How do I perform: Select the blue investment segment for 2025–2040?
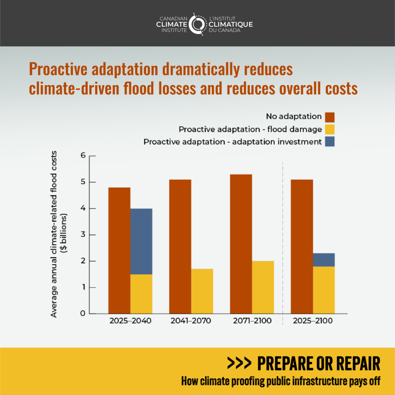pyautogui.click(x=141, y=241)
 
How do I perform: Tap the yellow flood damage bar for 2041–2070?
pyautogui.click(x=202, y=291)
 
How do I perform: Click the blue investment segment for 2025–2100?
pyautogui.click(x=324, y=260)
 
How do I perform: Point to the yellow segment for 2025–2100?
pyautogui.click(x=324, y=290)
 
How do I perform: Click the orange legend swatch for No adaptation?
pyautogui.click(x=329, y=117)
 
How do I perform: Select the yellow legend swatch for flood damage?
pyautogui.click(x=329, y=129)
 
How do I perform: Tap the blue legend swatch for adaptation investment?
pyautogui.click(x=329, y=142)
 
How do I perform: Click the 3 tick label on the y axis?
pyautogui.click(x=83, y=235)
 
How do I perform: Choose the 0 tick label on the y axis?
pyautogui.click(x=83, y=314)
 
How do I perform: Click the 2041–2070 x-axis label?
pyautogui.click(x=191, y=321)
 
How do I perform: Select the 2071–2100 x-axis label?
pyautogui.click(x=252, y=321)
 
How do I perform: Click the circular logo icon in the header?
pyautogui.click(x=197, y=24)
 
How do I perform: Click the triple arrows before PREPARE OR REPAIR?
pyautogui.click(x=239, y=363)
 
